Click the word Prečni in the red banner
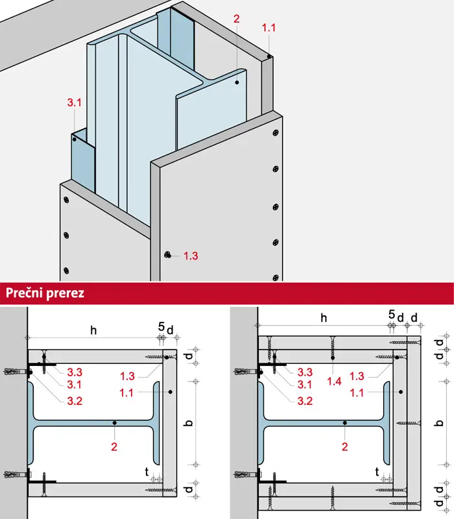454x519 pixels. pyautogui.click(x=25, y=293)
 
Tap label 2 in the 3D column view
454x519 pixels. pyautogui.click(x=236, y=19)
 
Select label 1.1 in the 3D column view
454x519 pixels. pyautogui.click(x=269, y=28)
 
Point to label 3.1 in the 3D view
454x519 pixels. pyautogui.click(x=75, y=103)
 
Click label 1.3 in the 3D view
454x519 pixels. pyautogui.click(x=191, y=256)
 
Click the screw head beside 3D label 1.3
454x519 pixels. pyautogui.click(x=168, y=254)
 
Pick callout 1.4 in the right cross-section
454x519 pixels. pyautogui.click(x=334, y=381)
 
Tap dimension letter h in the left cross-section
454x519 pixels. pyautogui.click(x=93, y=330)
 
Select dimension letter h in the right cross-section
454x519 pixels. pyautogui.click(x=324, y=318)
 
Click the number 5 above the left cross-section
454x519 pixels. pyautogui.click(x=161, y=327)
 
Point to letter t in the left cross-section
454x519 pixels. pyautogui.click(x=147, y=472)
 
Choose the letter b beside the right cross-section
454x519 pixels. pyautogui.click(x=440, y=423)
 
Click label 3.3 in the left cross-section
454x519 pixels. pyautogui.click(x=75, y=372)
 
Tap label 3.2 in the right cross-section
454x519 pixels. pyautogui.click(x=305, y=401)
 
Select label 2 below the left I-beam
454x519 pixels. pyautogui.click(x=114, y=447)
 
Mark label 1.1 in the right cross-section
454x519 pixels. pyautogui.click(x=357, y=393)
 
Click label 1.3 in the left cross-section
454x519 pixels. pyautogui.click(x=127, y=376)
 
